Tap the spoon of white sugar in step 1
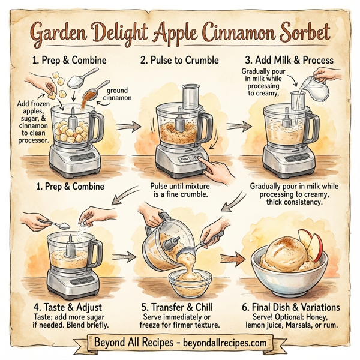pos(83,75)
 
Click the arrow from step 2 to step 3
pos(231,127)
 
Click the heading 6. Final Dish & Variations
pos(290,307)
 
